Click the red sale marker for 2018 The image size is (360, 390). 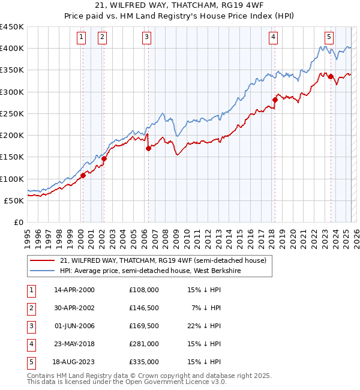tap(275, 100)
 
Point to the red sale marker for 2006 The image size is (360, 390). tap(148, 148)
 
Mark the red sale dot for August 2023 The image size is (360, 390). tap(331, 76)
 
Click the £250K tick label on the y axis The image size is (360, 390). tap(12, 113)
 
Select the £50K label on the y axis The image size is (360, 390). tap(14, 200)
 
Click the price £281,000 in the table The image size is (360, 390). tap(143, 344)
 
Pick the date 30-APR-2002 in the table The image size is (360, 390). tap(74, 308)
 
